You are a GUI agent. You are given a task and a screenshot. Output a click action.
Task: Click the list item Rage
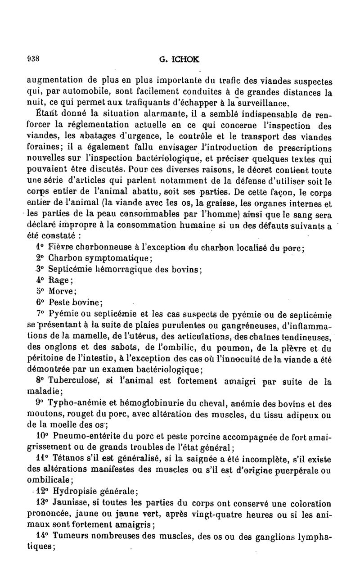click(x=58, y=280)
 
